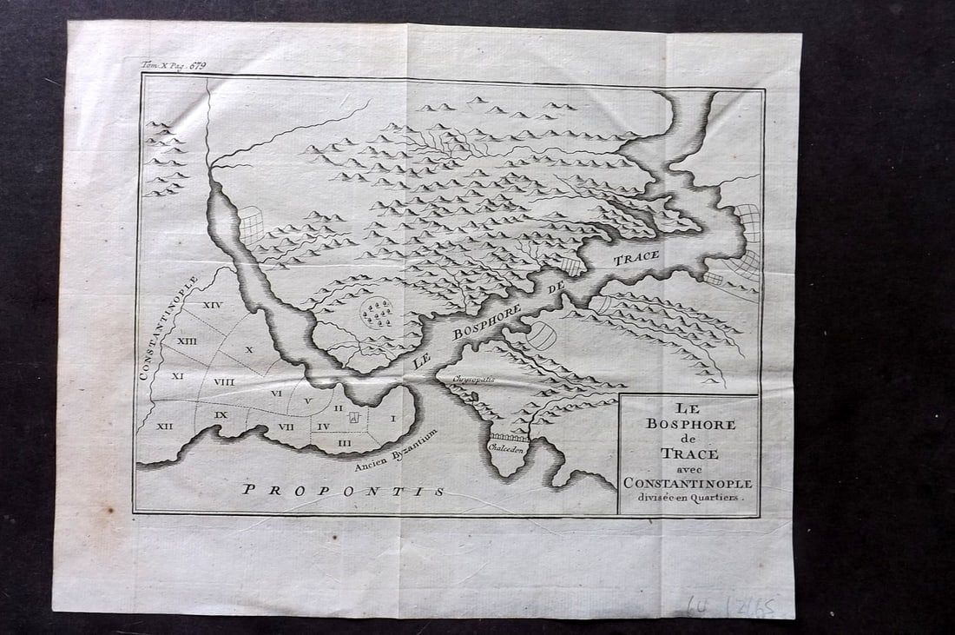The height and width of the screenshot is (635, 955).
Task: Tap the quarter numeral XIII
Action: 187,341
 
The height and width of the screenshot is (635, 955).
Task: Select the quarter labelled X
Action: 249,349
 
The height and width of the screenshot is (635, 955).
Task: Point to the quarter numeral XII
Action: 164,426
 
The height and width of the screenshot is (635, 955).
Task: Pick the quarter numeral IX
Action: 221,414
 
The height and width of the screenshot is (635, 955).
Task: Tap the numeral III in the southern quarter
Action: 345,443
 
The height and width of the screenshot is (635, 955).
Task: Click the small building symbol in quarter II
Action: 353,418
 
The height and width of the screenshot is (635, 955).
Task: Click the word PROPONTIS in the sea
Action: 343,490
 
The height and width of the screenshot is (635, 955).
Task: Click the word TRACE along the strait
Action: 636,258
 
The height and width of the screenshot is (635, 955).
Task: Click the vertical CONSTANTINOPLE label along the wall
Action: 167,328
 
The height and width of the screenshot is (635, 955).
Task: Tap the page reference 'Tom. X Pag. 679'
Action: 174,65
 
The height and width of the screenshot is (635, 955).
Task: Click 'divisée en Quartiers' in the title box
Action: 689,498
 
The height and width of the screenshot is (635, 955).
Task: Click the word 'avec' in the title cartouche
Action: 689,468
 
